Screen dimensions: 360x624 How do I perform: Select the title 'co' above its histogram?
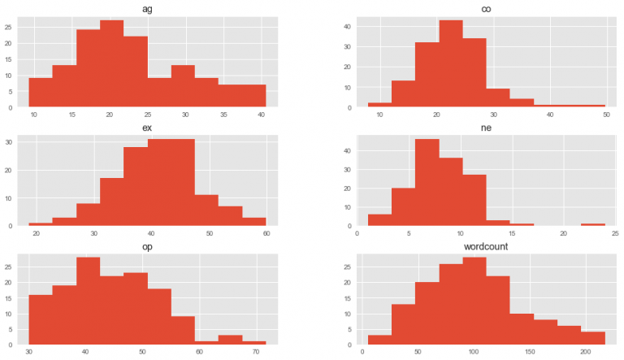486,7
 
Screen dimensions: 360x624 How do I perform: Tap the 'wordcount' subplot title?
486,245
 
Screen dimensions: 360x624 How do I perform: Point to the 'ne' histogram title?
486,126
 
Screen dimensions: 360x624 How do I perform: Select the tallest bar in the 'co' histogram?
450,64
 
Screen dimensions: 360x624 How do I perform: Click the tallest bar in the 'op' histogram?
88,300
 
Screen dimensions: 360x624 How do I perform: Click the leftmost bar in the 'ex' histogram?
41,223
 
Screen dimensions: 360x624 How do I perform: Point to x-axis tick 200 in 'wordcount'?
585,353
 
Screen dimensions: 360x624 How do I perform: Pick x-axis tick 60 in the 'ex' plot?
266,234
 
